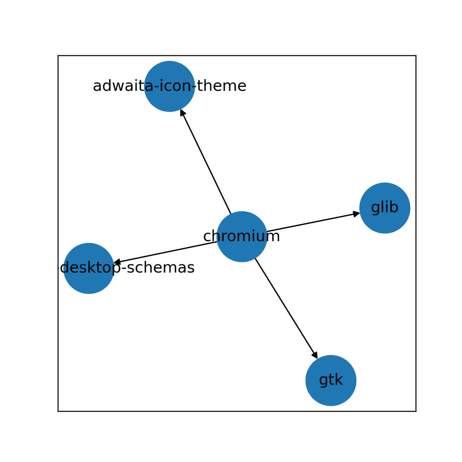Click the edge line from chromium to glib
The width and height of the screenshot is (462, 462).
pyautogui.click(x=313, y=222)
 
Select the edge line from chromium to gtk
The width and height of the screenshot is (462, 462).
pyautogui.click(x=286, y=308)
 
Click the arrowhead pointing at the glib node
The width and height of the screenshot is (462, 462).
pyautogui.click(x=356, y=213)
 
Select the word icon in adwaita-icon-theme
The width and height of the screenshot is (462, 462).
pyautogui.click(x=169, y=86)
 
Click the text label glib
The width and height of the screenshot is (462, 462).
pyautogui.click(x=384, y=208)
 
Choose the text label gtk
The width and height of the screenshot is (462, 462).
pyautogui.click(x=331, y=380)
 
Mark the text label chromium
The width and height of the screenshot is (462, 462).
pyautogui.click(x=242, y=236)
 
